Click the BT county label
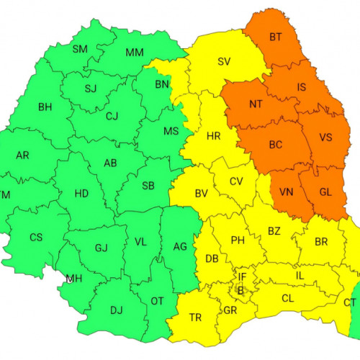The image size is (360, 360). coord(276,36)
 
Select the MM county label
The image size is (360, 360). coord(135,53)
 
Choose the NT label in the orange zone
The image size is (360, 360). coord(256,104)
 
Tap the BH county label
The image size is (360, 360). coord(45,107)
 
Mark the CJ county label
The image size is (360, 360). coord(112,115)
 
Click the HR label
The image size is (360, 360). coord(213,136)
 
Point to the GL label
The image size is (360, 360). coord(325,192)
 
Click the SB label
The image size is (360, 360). coord(148,186)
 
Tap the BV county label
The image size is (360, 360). coord(202,193)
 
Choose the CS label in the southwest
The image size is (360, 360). coord(36,237)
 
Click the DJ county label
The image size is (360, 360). coord(115,310)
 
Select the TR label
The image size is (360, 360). coord(195,317)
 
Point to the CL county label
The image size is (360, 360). coord(287,297)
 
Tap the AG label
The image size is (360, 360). coord(179,246)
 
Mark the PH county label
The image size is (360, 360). coord(238,240)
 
